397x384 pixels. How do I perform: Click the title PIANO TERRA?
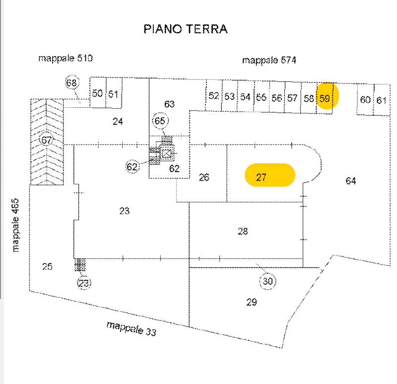coord(186,29)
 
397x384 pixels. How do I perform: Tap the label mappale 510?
coord(66,59)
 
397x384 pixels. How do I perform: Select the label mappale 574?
coord(269,61)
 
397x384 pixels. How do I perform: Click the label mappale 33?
coord(131,328)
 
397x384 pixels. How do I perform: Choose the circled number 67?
coord(47,140)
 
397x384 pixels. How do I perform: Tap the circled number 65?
coord(160,121)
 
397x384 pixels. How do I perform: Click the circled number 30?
coord(268,282)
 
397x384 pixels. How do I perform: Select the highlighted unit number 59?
coord(325,98)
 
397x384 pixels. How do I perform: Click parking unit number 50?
coord(98,93)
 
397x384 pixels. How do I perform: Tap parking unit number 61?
coord(381,100)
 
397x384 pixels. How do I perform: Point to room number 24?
coord(118,121)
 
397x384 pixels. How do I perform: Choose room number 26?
coord(204,177)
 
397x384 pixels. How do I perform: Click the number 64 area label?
coord(351,181)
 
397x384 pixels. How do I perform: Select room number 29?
coord(252,302)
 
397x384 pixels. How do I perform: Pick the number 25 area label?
coord(47,267)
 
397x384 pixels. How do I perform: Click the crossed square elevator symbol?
coord(167,154)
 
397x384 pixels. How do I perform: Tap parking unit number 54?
coord(245,97)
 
